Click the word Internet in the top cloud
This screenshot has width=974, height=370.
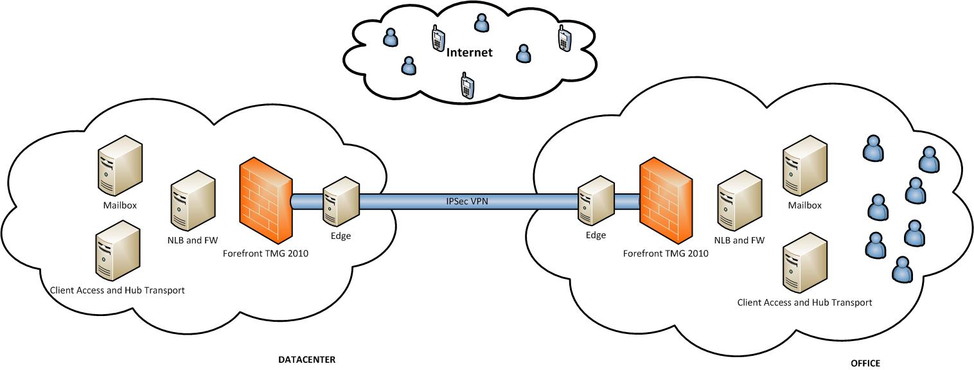(x=469, y=53)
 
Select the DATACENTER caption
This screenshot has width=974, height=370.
(x=306, y=359)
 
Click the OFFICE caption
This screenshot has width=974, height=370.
(x=865, y=363)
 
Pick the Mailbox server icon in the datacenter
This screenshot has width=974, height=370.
(x=120, y=166)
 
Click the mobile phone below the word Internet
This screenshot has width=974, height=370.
(x=467, y=85)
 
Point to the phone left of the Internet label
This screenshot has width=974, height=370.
(x=438, y=39)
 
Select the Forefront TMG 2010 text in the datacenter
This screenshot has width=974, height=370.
(x=265, y=253)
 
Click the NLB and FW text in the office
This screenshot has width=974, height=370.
(x=739, y=241)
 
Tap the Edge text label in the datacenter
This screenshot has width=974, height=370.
(x=341, y=236)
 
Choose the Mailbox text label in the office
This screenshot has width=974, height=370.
(x=804, y=206)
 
